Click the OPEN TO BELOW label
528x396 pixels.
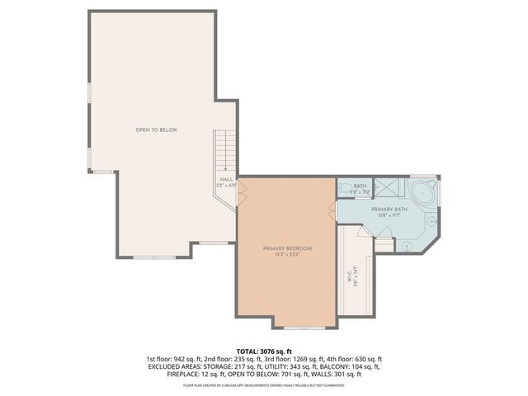pyautogui.click(x=157, y=130)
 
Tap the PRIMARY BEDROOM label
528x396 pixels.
pyautogui.click(x=287, y=248)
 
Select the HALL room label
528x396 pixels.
pyautogui.click(x=226, y=179)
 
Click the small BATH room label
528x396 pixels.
pyautogui.click(x=360, y=186)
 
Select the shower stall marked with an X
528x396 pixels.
pyautogui.click(x=385, y=187)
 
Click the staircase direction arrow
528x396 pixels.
pyautogui.click(x=225, y=167)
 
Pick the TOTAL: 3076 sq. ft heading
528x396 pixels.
pyautogui.click(x=264, y=351)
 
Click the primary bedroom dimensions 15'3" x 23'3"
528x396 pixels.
pyautogui.click(x=287, y=254)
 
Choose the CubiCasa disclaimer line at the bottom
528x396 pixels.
pyautogui.click(x=264, y=384)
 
